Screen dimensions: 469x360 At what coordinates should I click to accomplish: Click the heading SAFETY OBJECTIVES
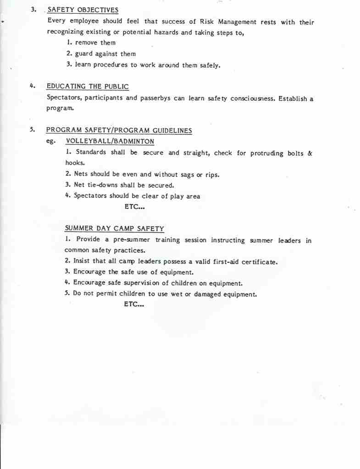click(83, 10)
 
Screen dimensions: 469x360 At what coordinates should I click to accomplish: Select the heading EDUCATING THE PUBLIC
click(88, 86)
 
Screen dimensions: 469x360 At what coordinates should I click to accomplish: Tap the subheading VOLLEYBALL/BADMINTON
click(110, 141)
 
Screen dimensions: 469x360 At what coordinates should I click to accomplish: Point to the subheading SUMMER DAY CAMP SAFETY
click(114, 228)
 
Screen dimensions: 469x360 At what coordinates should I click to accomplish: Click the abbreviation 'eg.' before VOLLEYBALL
click(50, 142)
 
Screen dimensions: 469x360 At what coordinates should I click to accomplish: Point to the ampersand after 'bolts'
click(310, 153)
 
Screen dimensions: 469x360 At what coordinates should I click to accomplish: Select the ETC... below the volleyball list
click(135, 207)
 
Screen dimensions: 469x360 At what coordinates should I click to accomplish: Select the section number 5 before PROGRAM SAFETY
click(32, 130)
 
